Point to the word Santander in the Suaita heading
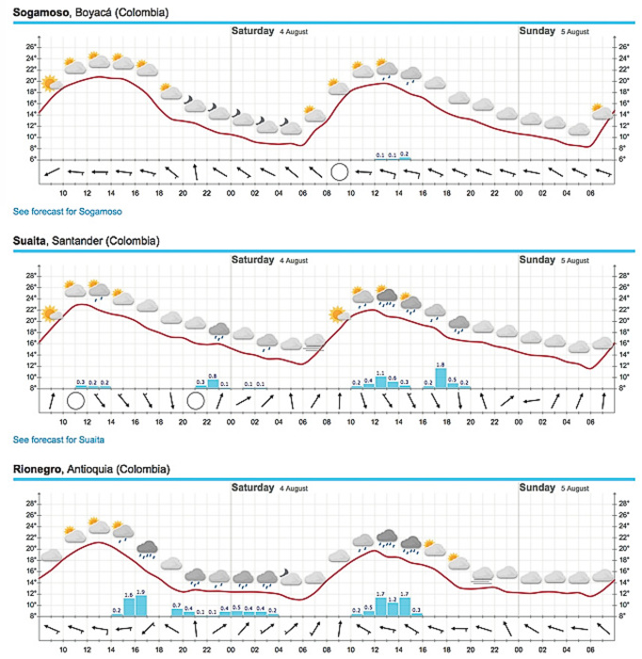[x=82, y=241]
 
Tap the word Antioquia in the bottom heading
[x=93, y=469]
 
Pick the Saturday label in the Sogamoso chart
[x=254, y=31]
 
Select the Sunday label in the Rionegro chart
[x=538, y=488]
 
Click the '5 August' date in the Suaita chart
[x=574, y=261]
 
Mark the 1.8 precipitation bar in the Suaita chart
[x=441, y=377]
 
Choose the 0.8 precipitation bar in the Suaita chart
[x=213, y=382]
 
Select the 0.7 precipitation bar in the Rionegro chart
[x=177, y=611]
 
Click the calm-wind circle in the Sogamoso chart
[x=339, y=171]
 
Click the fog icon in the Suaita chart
[x=314, y=345]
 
